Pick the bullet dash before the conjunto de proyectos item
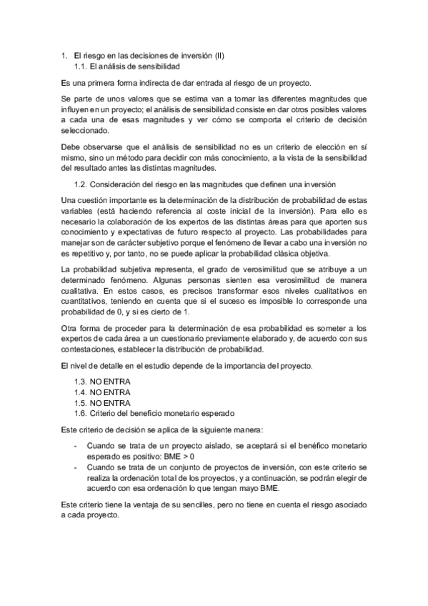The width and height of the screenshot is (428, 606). tap(76, 467)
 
